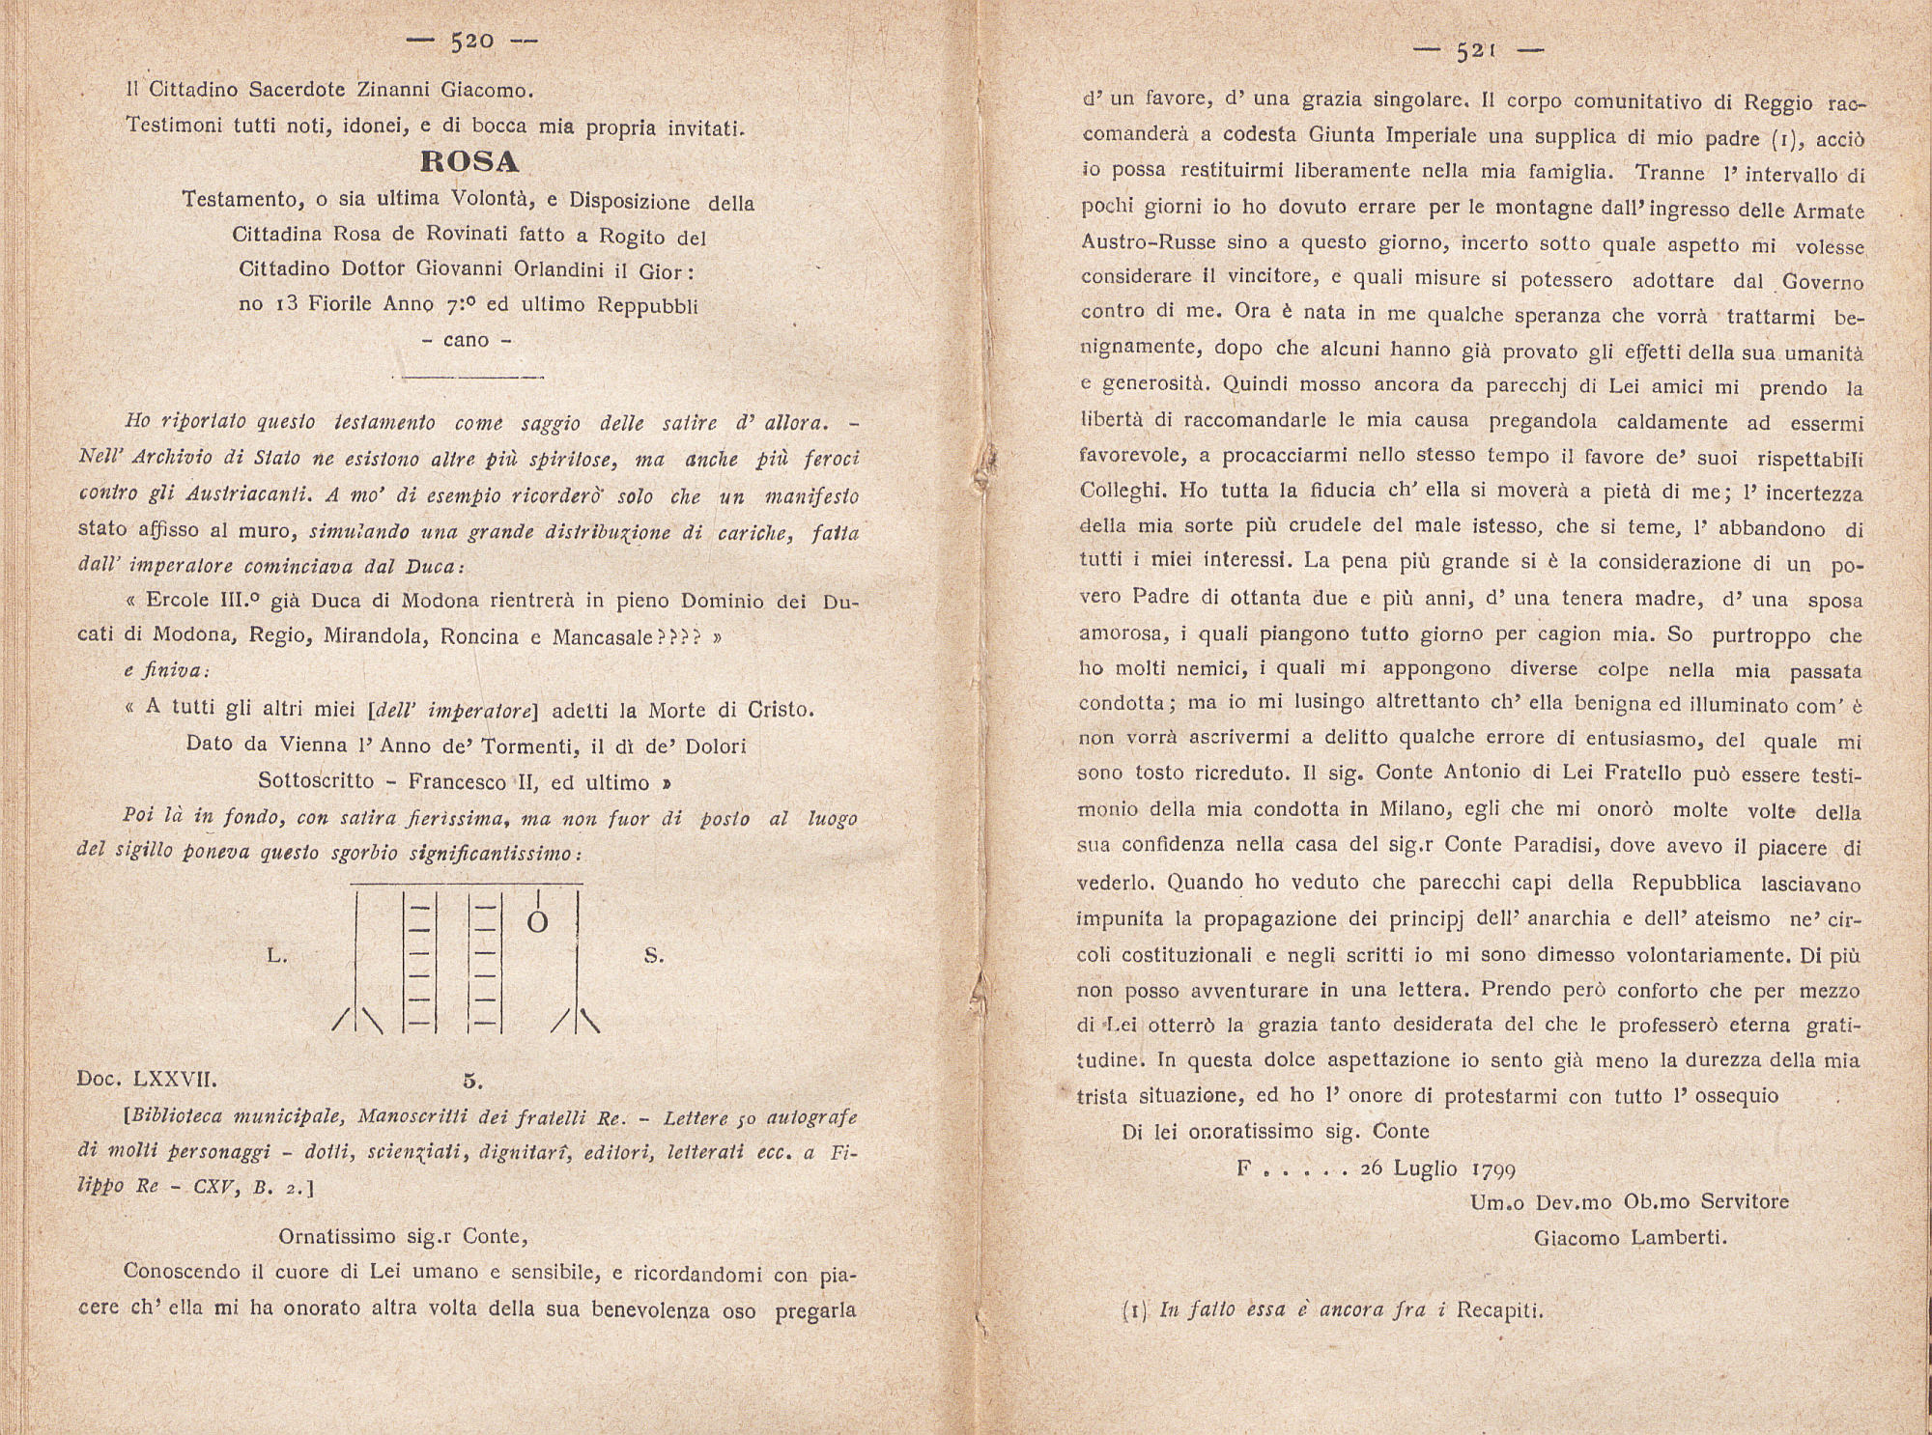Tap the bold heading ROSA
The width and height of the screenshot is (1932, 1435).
[470, 160]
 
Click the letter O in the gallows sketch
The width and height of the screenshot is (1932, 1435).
[538, 923]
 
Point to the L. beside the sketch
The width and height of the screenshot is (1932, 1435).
[276, 956]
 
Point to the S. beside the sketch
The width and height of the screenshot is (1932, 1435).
[654, 956]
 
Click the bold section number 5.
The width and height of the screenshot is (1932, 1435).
[471, 1081]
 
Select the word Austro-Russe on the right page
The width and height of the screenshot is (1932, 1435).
[1147, 241]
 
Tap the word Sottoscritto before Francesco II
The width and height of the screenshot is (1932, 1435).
[316, 781]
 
